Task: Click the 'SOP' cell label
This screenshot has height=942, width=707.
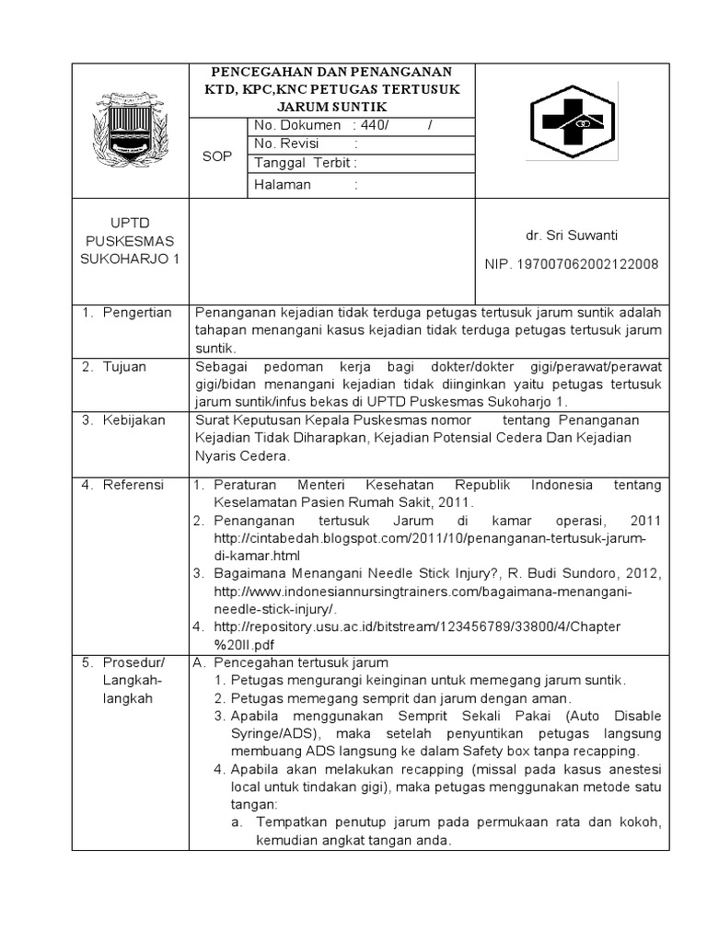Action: (x=216, y=156)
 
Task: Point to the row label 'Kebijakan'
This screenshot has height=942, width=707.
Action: (x=134, y=419)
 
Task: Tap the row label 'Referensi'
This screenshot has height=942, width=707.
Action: (x=133, y=484)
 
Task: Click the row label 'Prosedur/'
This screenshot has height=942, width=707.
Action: (x=133, y=662)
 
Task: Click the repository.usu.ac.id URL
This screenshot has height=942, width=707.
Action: (x=417, y=626)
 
